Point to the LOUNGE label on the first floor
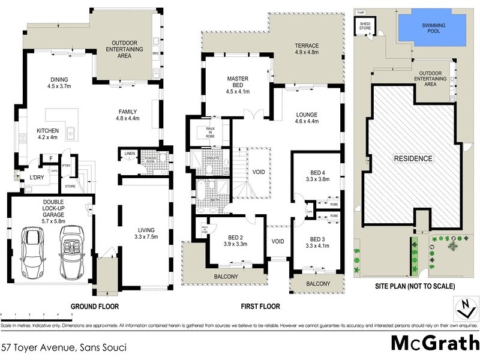[307, 118]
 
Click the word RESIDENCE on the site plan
[413, 158]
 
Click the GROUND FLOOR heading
[95, 306]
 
